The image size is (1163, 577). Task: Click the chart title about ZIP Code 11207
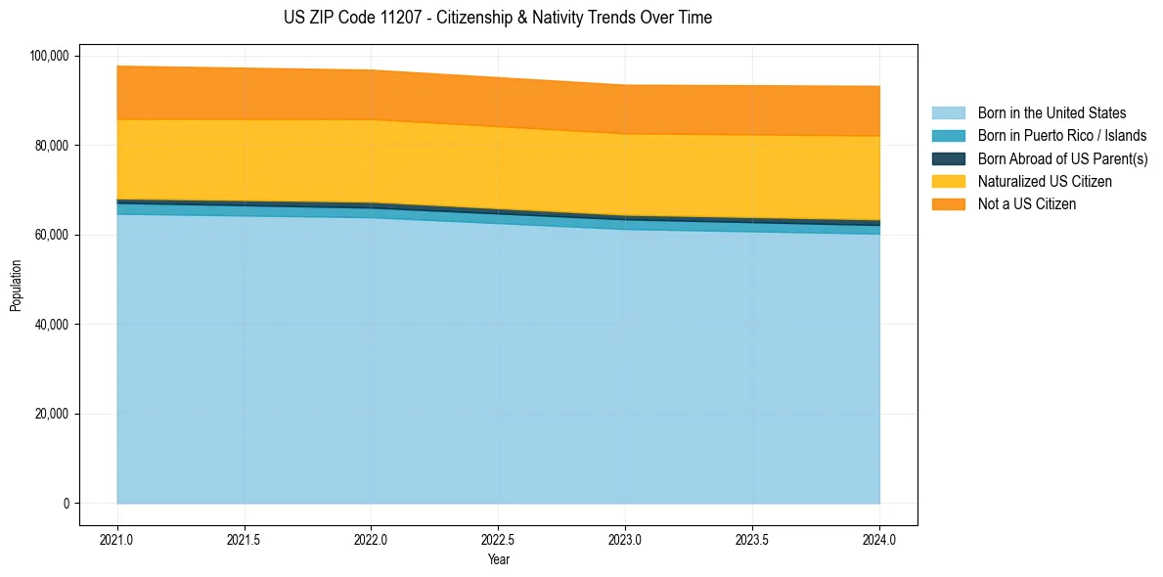click(498, 18)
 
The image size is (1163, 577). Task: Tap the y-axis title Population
click(16, 286)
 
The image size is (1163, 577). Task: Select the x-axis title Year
click(498, 559)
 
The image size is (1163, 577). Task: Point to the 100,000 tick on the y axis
click(49, 56)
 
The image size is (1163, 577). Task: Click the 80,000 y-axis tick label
click(52, 146)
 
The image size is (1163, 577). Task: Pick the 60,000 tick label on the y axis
click(52, 235)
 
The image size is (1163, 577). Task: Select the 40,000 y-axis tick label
click(52, 325)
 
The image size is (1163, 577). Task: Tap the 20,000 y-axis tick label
click(52, 414)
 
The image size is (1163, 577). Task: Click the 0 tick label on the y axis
click(67, 504)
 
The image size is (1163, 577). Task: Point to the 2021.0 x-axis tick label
click(116, 539)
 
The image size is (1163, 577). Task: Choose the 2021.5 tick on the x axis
click(244, 539)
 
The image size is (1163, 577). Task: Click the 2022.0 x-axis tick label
click(371, 539)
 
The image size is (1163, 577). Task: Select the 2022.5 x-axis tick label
click(498, 539)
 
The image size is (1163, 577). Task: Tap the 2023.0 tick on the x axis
click(625, 539)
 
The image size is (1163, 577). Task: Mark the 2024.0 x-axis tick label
click(879, 539)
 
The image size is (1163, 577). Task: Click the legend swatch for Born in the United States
click(948, 113)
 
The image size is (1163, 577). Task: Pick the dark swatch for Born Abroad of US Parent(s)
click(948, 158)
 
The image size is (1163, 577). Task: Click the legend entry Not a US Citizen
click(1026, 204)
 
